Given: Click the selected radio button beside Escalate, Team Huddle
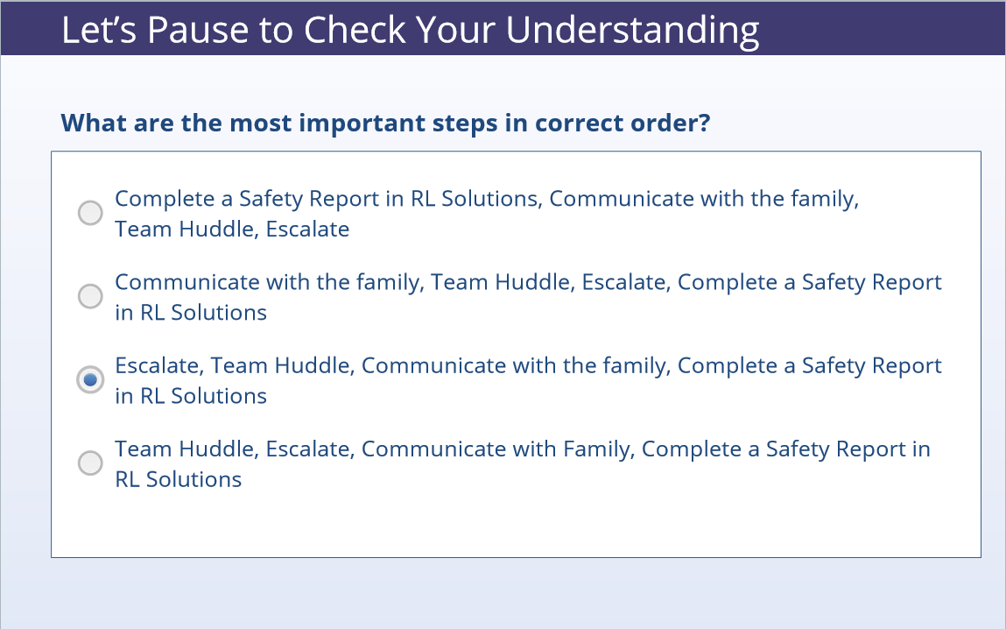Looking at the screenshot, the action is coord(90,379).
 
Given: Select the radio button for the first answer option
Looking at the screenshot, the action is coord(90,213).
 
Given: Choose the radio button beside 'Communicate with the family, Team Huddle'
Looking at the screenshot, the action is coord(90,296).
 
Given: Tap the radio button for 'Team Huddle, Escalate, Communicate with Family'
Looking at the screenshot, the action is coord(90,463).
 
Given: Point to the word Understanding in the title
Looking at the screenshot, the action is coord(632,31).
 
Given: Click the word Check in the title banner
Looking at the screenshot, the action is coord(355,30).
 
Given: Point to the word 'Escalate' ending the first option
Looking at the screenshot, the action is coord(307,229).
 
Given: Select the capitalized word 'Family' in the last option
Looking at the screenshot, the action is coord(599,450).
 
